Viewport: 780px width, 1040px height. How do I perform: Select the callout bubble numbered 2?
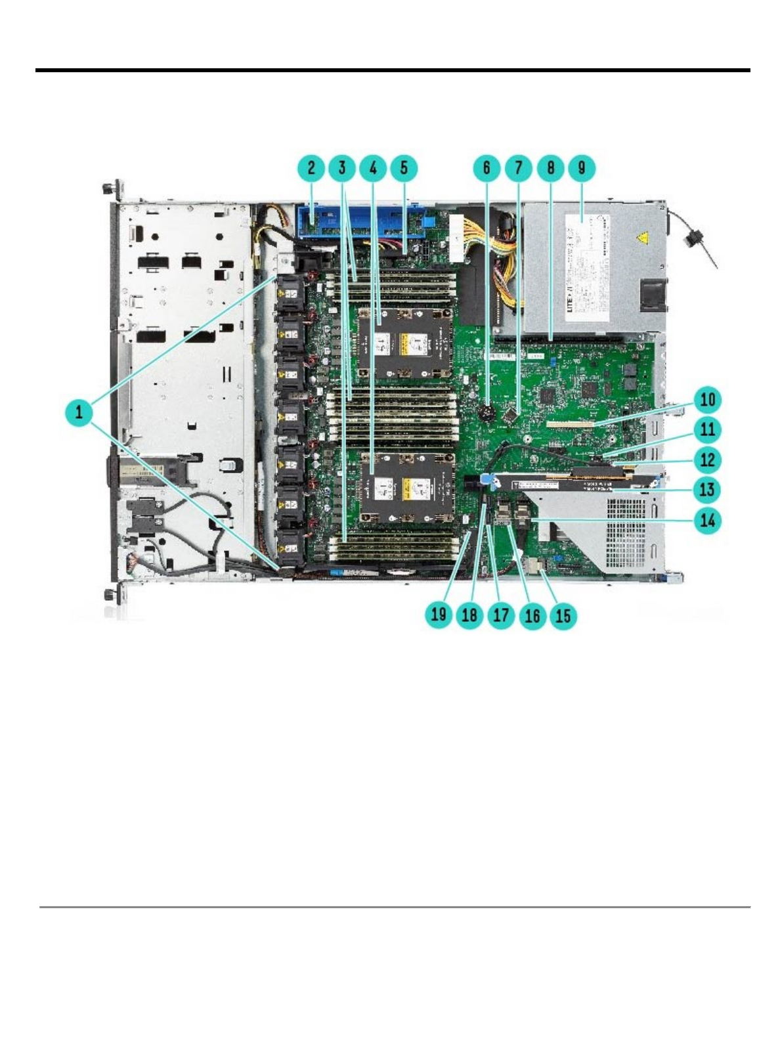point(311,167)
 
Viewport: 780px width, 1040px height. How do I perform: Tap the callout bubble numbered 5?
point(404,167)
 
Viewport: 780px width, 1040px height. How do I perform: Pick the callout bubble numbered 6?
point(487,167)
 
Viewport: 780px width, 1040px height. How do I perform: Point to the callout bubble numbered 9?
point(582,167)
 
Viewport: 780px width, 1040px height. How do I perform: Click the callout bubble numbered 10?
point(708,399)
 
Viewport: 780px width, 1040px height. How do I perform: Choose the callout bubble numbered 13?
point(708,489)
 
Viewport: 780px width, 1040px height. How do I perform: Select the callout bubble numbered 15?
point(563,615)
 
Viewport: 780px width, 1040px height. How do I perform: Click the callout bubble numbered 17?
point(501,615)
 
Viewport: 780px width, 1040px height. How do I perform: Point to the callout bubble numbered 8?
point(550,167)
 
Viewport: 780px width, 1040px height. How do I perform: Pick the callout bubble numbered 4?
point(373,167)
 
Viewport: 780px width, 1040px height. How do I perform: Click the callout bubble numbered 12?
point(708,459)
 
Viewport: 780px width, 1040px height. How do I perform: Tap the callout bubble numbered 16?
point(532,615)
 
